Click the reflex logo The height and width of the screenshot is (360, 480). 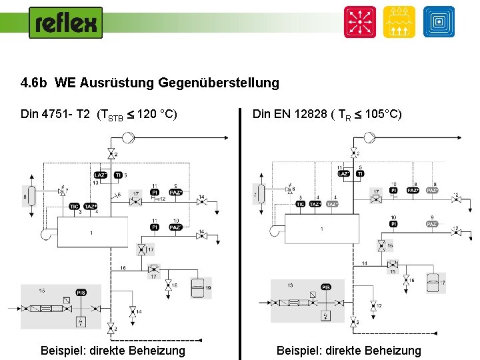point(66,23)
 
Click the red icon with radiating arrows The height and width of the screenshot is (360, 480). point(359,22)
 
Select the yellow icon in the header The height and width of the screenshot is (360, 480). point(399,22)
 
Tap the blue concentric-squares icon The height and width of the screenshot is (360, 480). point(439,22)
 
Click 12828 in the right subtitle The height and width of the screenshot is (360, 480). point(309,114)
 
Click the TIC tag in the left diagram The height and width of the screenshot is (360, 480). point(75,207)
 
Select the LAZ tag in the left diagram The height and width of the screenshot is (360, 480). point(101,175)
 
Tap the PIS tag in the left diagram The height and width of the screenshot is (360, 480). point(81,293)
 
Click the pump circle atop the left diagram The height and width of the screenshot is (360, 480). point(128,137)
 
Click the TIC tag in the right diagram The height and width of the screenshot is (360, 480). point(301,205)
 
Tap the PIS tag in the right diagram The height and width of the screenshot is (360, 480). point(326,287)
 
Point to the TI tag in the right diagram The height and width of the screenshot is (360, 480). point(360,174)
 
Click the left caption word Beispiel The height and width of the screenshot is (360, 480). point(63,351)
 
